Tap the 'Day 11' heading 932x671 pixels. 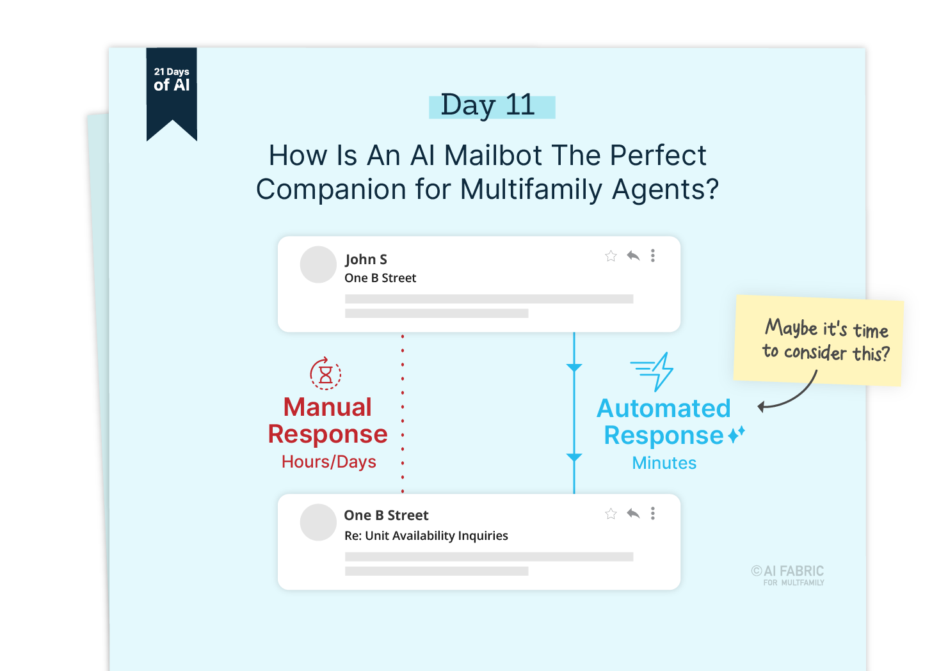tap(488, 106)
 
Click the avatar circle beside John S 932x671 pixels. tap(318, 264)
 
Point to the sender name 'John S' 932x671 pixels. tap(366, 259)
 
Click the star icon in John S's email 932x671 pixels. tap(611, 257)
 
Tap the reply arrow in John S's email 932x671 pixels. tap(633, 256)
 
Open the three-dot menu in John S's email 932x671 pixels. tap(653, 256)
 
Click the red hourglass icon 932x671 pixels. tap(325, 374)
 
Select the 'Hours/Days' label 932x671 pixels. tap(329, 462)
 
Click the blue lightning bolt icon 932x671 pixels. tap(654, 371)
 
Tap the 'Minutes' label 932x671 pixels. tap(664, 463)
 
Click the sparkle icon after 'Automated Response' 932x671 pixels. tap(737, 434)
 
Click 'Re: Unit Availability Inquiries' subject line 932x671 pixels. tap(426, 536)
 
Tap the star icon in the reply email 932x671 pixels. tap(611, 514)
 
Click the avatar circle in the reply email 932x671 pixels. tap(318, 522)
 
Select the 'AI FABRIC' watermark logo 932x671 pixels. tap(789, 574)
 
